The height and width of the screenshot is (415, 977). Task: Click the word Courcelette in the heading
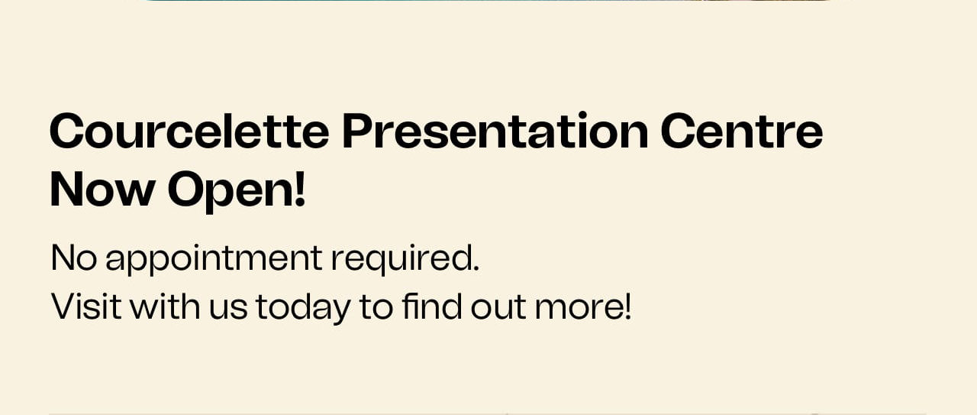point(189,131)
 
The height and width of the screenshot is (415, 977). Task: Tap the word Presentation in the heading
point(495,131)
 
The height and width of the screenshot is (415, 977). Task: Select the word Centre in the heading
point(742,131)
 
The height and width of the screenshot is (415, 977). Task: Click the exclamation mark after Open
point(300,189)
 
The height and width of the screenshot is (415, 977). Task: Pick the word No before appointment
point(74,258)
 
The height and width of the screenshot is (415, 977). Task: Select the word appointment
point(214,260)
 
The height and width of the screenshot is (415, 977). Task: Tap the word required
point(401,260)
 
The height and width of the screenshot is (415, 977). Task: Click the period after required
point(476,268)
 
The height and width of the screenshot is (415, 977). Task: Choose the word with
point(166,306)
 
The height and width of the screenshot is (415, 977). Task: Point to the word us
point(228,310)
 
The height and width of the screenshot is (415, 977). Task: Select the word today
point(303,309)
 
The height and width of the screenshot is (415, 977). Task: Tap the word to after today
point(376,307)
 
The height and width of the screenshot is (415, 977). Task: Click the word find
point(432,306)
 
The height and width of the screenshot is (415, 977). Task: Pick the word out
point(498,307)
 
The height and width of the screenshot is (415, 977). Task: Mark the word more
point(578,310)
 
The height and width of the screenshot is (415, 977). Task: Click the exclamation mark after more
point(627,306)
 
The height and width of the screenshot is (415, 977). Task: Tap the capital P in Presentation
point(359,131)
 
